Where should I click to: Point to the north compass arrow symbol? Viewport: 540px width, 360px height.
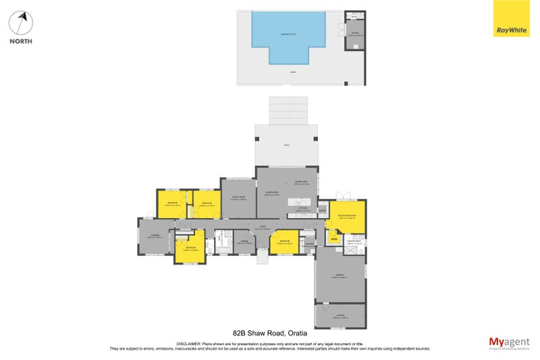22,23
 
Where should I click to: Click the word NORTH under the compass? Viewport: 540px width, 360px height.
22,41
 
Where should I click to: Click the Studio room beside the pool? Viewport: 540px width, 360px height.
354,33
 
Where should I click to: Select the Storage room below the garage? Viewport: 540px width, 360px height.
340,315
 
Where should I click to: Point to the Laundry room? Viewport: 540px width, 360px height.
309,245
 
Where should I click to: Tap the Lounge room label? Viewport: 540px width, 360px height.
155,236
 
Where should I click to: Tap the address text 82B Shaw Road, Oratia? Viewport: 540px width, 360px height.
269,333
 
